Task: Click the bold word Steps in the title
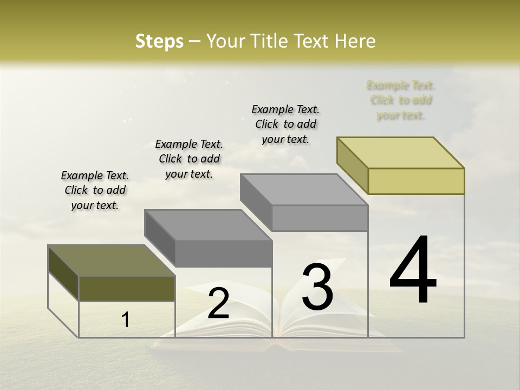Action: pos(159,41)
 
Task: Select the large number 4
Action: pos(413,271)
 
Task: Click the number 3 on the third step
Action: pos(317,287)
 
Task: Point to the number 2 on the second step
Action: pos(218,303)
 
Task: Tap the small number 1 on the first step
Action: pos(126,320)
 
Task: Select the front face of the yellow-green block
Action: pos(416,181)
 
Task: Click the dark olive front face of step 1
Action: pos(127,288)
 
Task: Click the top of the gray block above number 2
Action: pos(208,225)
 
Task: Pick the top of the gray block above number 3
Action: pos(304,190)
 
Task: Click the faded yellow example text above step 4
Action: pos(401,100)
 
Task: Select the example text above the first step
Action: pos(95,190)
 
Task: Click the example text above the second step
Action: pos(189,159)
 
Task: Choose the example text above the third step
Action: pos(285,124)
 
